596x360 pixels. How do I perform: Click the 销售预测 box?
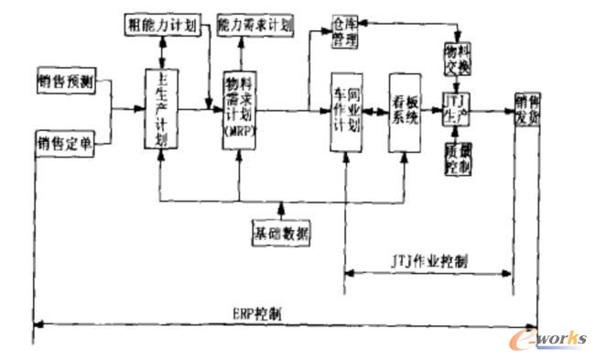[66, 81]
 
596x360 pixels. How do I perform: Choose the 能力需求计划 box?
[255, 26]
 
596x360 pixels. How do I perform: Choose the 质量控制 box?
[458, 157]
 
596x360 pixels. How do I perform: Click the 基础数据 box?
[283, 233]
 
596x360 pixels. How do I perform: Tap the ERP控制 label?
[256, 312]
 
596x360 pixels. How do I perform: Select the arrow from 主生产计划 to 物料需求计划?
[200, 110]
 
